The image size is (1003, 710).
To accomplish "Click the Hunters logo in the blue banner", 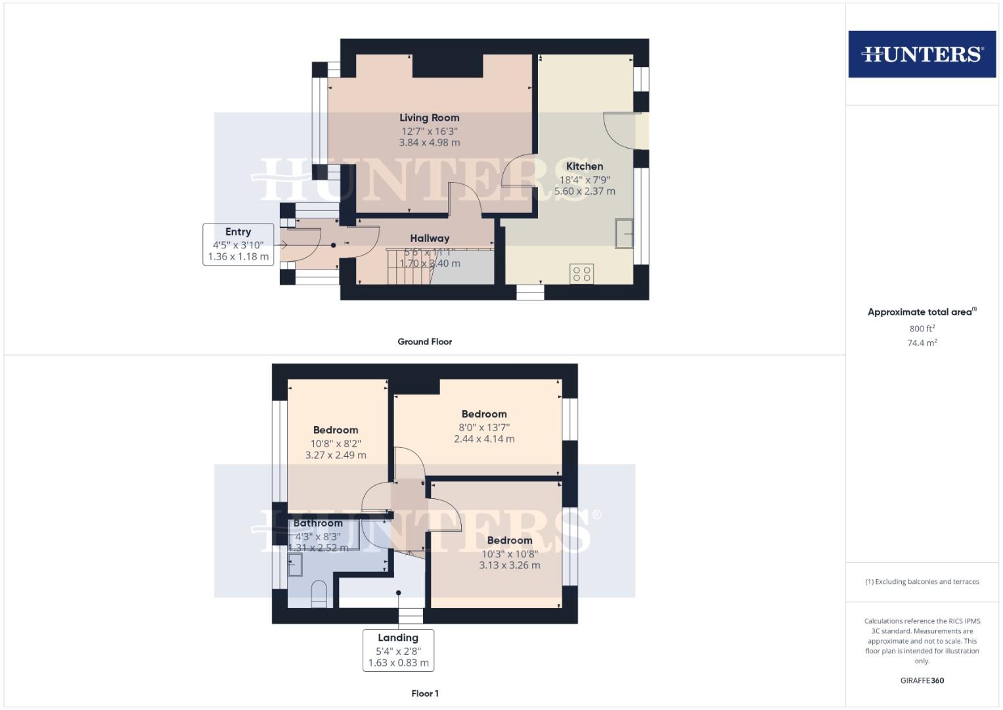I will click(922, 54).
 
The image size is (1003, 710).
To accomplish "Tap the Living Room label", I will click(429, 118).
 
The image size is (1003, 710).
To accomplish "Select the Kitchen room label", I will click(584, 166).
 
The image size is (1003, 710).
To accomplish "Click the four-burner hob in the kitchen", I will click(582, 273).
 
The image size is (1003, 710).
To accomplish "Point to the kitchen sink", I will click(624, 234).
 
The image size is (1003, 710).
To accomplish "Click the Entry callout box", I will click(238, 244).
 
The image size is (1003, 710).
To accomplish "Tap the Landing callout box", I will click(398, 650).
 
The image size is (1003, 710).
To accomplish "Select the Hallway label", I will click(430, 238).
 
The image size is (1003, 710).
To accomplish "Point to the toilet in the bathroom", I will click(318, 592).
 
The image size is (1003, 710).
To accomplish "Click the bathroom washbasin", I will click(295, 565).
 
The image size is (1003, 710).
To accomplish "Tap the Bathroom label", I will click(318, 523).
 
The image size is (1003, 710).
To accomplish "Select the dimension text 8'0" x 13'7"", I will click(484, 427).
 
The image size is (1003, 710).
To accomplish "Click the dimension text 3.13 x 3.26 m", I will click(509, 565).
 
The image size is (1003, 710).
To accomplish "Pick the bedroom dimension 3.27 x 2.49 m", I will click(336, 455).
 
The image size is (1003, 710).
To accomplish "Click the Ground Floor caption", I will click(424, 342).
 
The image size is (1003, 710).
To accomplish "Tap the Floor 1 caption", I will click(424, 694).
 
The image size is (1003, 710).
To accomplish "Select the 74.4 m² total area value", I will click(922, 343).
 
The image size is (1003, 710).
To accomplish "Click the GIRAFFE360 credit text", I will click(922, 680).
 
